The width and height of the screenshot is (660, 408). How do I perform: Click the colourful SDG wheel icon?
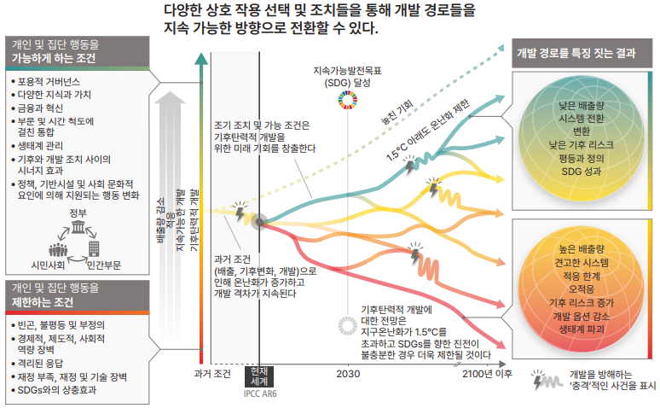[348, 103]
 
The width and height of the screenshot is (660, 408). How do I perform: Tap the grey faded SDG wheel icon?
[348, 323]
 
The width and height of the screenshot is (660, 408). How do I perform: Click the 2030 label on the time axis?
[348, 374]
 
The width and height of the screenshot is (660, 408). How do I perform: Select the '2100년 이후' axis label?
[487, 374]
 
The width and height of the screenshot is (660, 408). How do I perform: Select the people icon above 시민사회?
[57, 250]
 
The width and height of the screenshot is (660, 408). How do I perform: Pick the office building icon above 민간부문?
[95, 249]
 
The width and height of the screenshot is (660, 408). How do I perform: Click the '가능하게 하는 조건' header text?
[53, 59]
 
